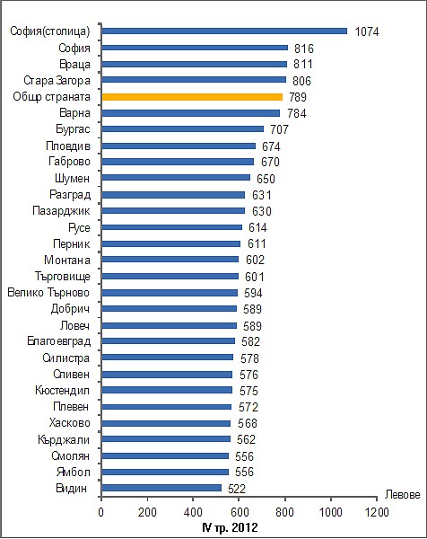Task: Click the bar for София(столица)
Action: pos(224,31)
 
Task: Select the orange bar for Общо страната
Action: pos(192,97)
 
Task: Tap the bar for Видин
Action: pos(161,488)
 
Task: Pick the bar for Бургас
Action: pos(183,128)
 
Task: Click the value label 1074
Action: pos(367,31)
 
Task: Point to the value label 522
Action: pos(237,489)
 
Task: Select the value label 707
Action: pos(279,129)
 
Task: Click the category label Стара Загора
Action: pos(57,81)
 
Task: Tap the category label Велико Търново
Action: pos(48,293)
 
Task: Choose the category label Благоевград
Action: pos(58,341)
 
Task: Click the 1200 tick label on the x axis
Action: pos(377,512)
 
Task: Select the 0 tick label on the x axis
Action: pos(100,512)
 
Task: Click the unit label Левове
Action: pos(402,494)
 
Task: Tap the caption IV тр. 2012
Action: pos(230,527)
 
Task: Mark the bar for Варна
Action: pos(191,113)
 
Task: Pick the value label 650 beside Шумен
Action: pos(266,179)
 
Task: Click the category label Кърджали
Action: pos(64,439)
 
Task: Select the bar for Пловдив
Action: pos(179,146)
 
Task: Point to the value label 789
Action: pos(297,97)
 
